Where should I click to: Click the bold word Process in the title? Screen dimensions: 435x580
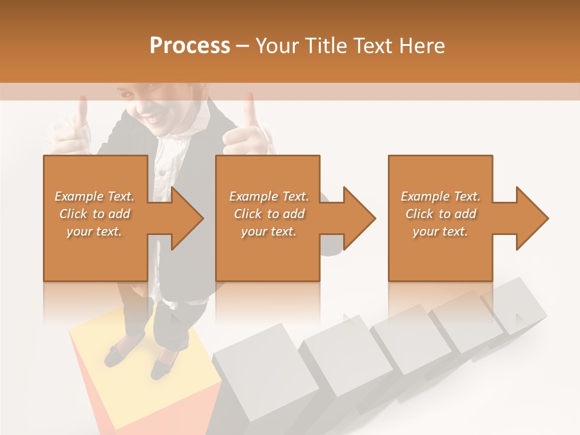[190, 46]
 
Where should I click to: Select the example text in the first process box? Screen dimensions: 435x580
[94, 214]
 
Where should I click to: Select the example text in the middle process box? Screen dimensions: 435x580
[269, 214]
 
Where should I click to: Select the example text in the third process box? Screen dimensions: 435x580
[440, 214]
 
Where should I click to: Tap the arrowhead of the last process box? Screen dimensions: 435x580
[532, 218]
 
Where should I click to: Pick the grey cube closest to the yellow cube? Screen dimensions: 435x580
[254, 369]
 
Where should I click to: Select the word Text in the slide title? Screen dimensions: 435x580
[372, 46]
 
